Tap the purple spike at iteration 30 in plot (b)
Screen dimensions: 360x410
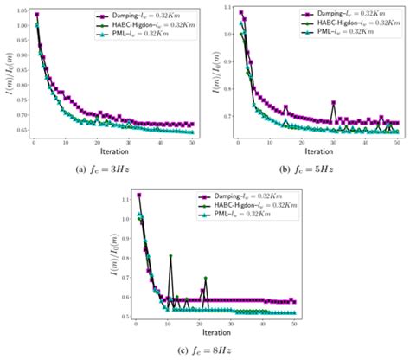(x=333, y=103)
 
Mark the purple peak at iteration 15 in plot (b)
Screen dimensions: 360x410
(x=285, y=107)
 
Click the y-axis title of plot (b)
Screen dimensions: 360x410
(x=211, y=73)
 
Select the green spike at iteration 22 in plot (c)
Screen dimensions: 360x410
(x=206, y=278)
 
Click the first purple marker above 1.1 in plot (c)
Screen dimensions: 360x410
(x=138, y=196)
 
